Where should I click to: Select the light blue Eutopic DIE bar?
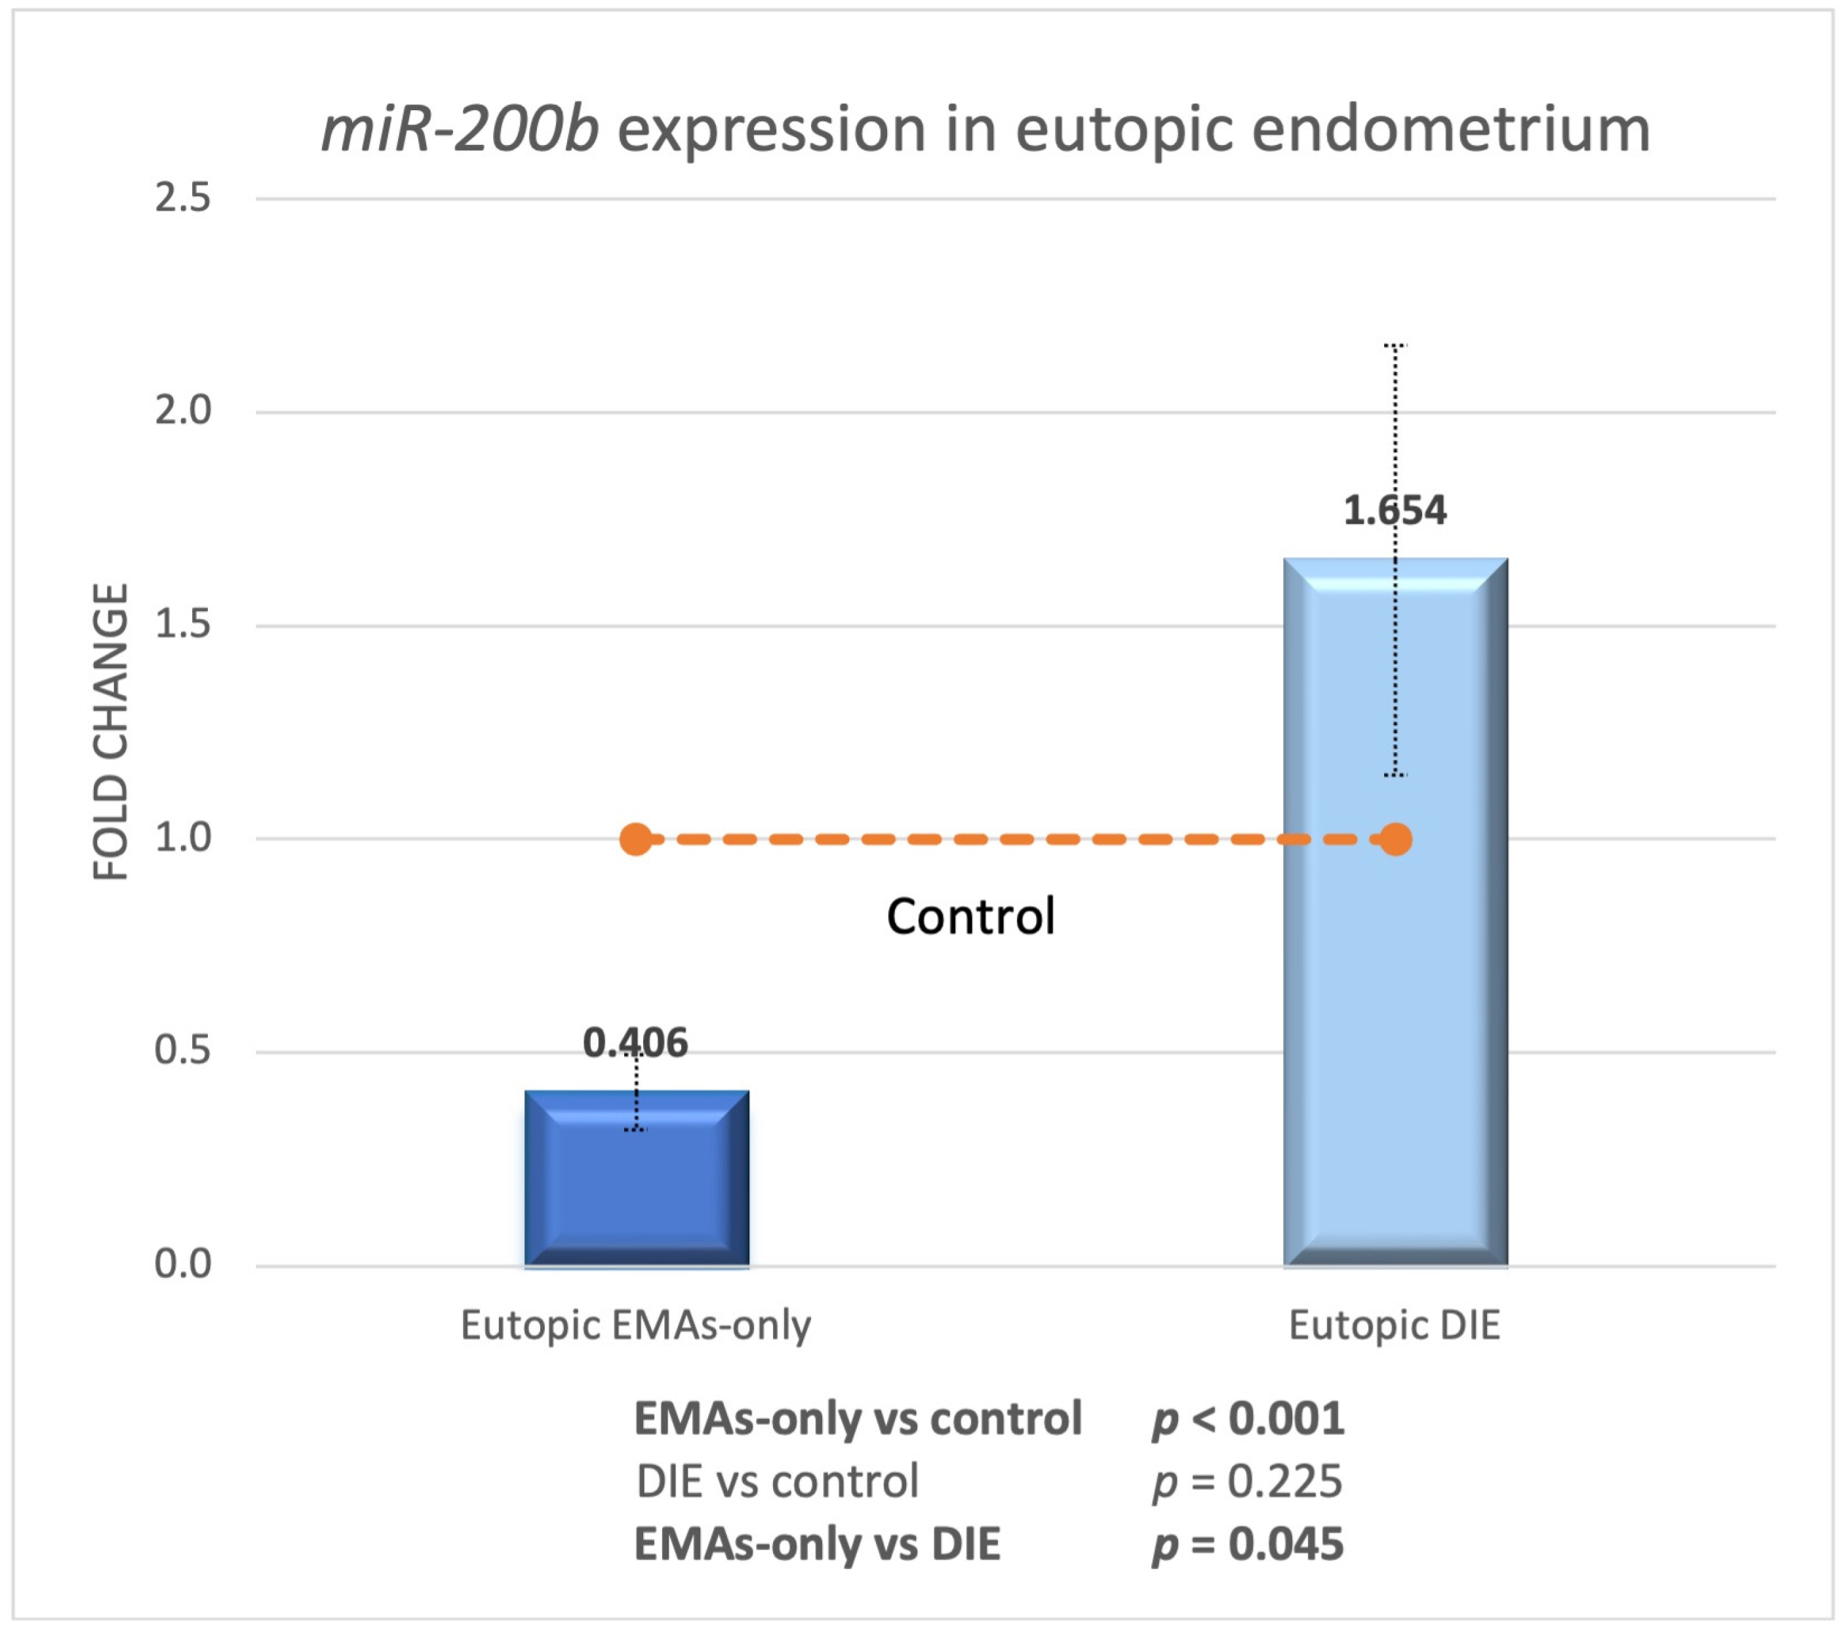click(x=1395, y=991)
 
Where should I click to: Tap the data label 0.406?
click(x=635, y=1043)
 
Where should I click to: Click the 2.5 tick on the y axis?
click(x=182, y=197)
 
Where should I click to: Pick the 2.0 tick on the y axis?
click(x=182, y=411)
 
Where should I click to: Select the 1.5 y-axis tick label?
click(x=182, y=625)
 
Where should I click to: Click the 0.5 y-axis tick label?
click(x=182, y=1050)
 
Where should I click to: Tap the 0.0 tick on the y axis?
click(x=182, y=1264)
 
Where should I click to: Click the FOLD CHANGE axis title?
click(x=112, y=731)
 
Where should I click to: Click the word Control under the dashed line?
click(x=970, y=917)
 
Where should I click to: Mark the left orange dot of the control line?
click(x=636, y=839)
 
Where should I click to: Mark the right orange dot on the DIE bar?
click(x=1396, y=839)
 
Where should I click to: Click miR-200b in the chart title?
click(x=460, y=130)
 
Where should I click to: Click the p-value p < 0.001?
click(x=1248, y=1419)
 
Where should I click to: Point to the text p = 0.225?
click(x=1248, y=1481)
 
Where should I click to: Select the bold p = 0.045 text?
click(x=1248, y=1544)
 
